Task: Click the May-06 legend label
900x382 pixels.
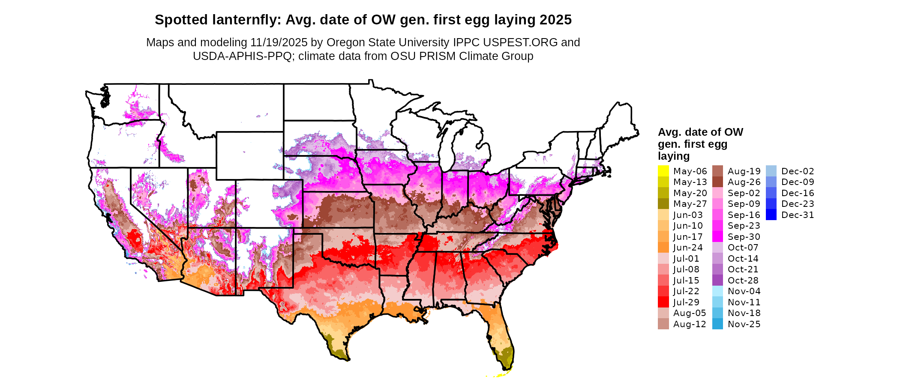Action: [x=690, y=171]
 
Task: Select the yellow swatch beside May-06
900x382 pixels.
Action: [x=663, y=171]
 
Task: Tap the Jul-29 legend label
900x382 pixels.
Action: [x=686, y=302]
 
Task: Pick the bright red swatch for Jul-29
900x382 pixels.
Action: [x=663, y=302]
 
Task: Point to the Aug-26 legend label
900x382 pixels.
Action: [x=744, y=182]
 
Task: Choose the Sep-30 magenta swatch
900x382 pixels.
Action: [x=717, y=236]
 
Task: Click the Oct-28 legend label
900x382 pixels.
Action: [x=743, y=281]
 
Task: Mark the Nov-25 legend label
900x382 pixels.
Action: [x=744, y=324]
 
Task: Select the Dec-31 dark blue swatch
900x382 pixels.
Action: [x=771, y=215]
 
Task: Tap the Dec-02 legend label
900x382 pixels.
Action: [x=798, y=171]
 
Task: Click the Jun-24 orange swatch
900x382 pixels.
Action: [x=663, y=248]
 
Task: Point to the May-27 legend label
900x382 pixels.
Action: [x=690, y=204]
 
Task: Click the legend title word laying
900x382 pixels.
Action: [x=674, y=156]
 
